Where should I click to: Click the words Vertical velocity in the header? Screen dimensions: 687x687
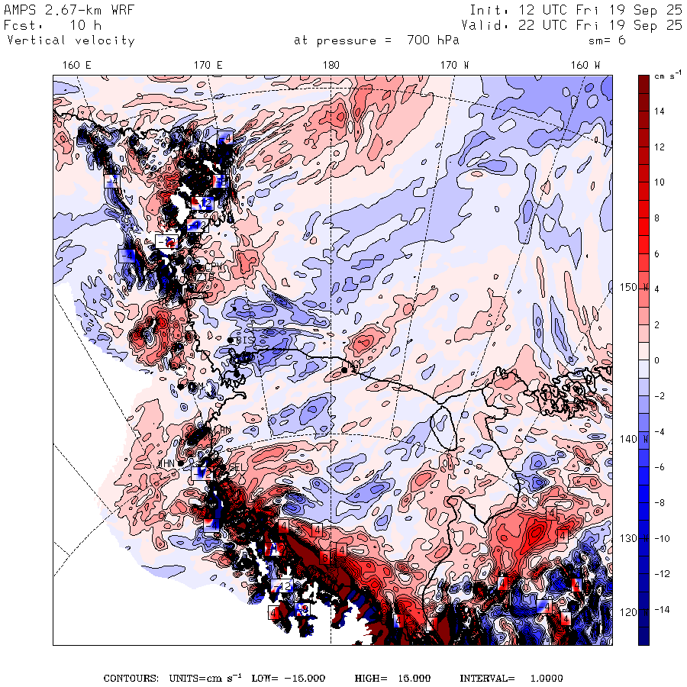[x=70, y=40]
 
